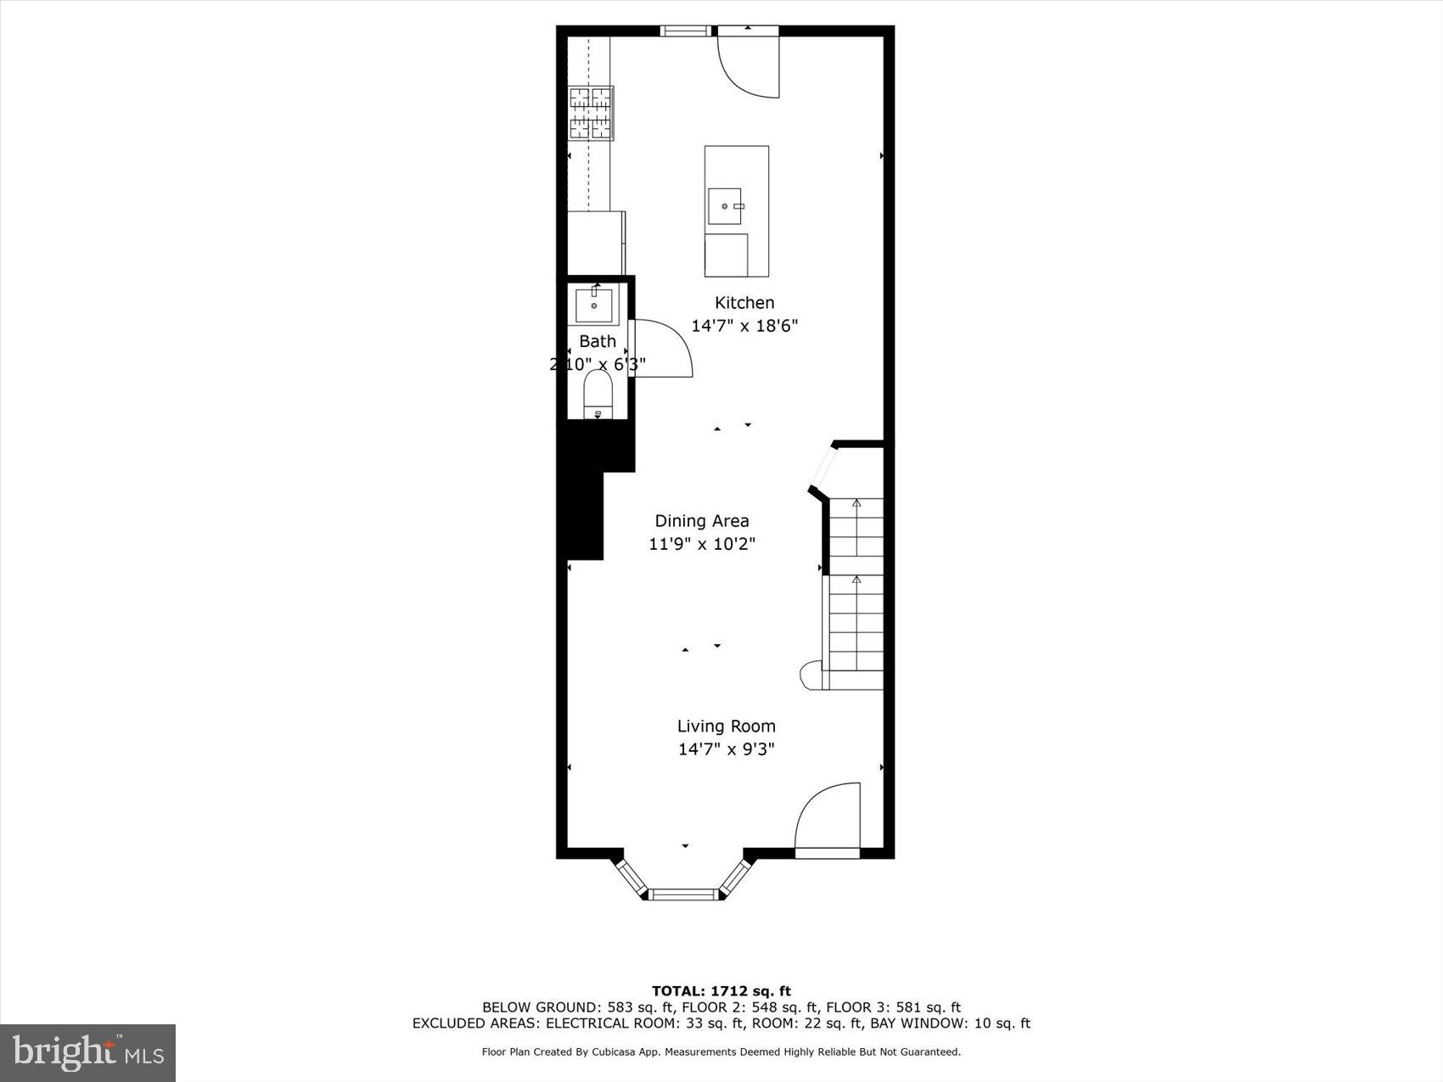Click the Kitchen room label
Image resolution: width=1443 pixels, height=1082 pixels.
tap(744, 303)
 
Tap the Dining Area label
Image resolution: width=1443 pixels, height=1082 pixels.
tap(702, 521)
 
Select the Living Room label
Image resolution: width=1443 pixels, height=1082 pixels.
tap(726, 726)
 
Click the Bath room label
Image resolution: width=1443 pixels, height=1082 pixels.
tap(598, 341)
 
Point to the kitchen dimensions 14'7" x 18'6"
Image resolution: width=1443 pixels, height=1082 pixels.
tap(744, 326)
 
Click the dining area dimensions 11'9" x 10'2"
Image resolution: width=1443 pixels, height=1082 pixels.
tap(702, 544)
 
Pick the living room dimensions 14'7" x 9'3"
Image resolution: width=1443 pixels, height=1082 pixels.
tap(726, 749)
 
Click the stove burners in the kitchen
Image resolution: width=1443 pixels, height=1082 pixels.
tap(591, 113)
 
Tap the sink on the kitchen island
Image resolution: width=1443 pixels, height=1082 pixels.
tap(725, 206)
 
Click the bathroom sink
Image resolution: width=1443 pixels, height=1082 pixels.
tap(594, 305)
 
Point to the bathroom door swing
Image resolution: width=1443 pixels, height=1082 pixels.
tap(664, 348)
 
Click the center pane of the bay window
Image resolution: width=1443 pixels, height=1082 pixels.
tap(683, 894)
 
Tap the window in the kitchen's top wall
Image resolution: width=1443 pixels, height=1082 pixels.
tap(686, 31)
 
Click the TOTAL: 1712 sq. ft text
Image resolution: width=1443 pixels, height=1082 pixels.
tap(721, 990)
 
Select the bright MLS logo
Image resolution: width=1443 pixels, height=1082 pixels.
tap(88, 1053)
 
